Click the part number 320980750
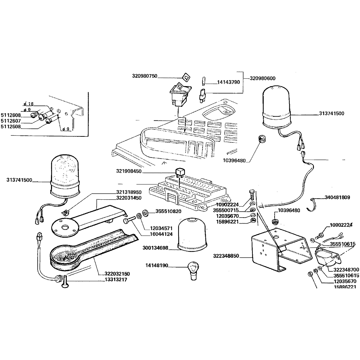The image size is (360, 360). point(144,76)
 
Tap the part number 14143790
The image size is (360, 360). point(228,82)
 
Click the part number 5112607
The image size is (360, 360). point(11,121)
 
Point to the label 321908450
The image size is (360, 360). point(129,171)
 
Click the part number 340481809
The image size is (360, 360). point(337,198)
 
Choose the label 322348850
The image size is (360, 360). point(226,256)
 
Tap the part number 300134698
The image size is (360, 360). point(155,248)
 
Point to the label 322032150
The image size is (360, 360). point(117,274)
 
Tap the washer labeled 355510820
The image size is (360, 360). point(144,213)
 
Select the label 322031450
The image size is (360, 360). point(129,198)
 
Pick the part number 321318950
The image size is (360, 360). point(129,192)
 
